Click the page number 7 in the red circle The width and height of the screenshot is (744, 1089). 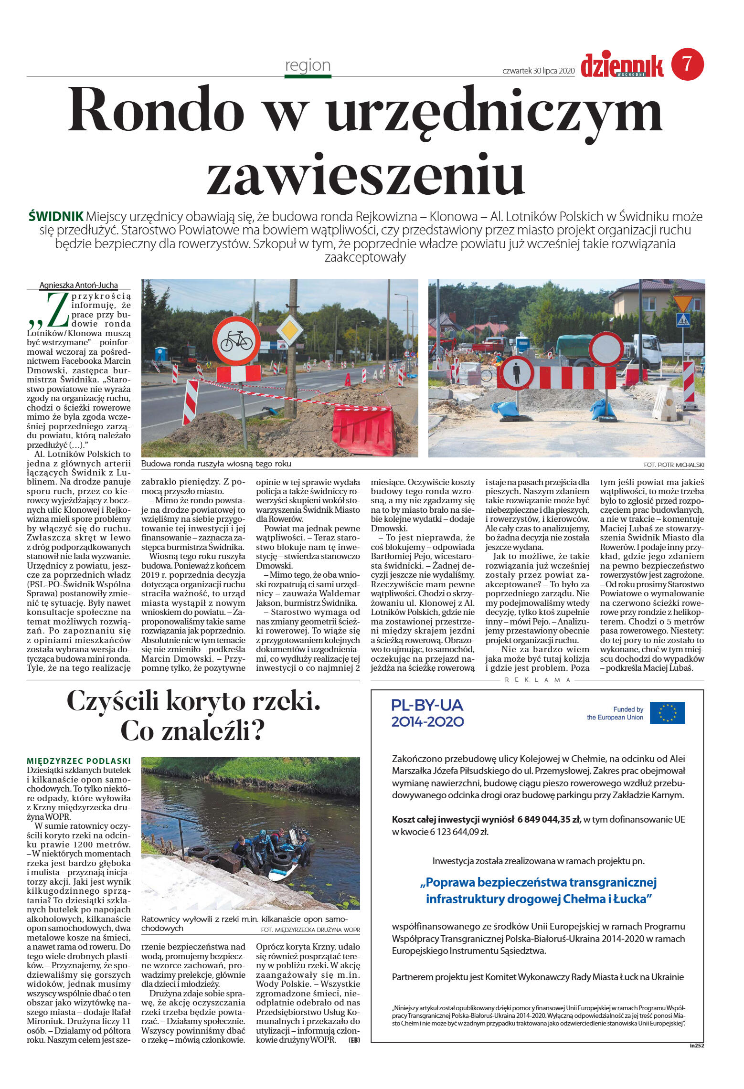[687, 64]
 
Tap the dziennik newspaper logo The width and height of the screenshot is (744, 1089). [622, 66]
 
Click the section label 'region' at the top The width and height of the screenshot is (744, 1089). [308, 65]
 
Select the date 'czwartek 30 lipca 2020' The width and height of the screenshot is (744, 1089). [538, 71]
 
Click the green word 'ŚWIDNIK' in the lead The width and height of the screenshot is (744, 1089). [56, 216]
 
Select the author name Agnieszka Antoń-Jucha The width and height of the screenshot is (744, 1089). [78, 285]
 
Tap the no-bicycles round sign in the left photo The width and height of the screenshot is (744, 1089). [236, 341]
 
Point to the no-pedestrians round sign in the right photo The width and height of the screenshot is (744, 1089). [517, 373]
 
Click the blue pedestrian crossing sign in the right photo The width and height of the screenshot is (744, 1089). [683, 320]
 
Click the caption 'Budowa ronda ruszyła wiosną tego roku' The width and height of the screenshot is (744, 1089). [216, 464]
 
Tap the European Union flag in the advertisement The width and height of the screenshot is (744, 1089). [667, 713]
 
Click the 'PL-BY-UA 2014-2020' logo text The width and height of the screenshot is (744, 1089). [427, 713]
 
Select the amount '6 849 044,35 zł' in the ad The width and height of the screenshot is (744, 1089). [549, 819]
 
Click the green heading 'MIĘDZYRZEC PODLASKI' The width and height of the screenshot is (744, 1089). [79, 761]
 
